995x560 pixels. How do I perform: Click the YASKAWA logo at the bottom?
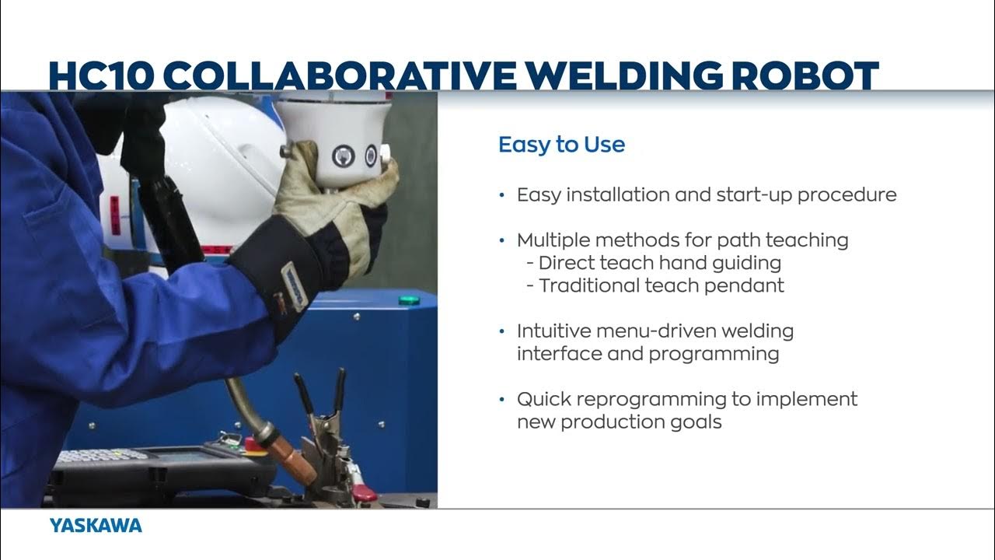tap(96, 526)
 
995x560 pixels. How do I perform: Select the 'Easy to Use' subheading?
tap(561, 145)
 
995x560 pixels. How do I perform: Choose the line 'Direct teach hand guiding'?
tap(659, 263)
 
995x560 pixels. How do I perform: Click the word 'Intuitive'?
tap(554, 331)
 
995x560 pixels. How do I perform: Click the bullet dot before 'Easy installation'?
tap(502, 194)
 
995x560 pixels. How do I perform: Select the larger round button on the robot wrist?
tap(343, 156)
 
